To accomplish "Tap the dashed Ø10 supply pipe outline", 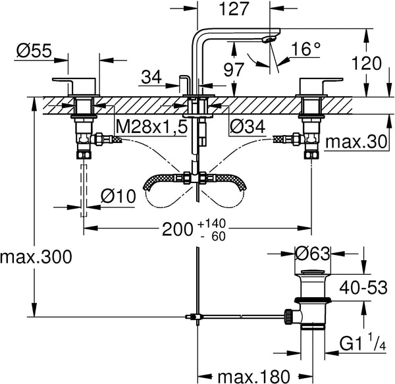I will [84, 191].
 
